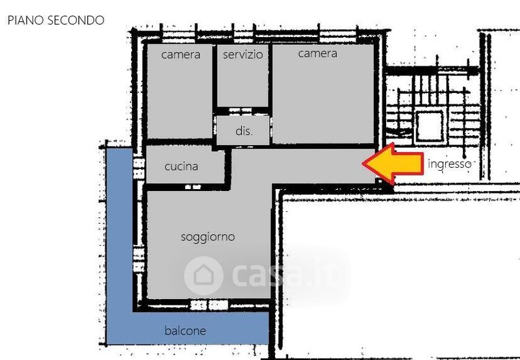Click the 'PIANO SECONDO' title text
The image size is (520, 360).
[56, 20]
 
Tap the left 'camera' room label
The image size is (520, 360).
[181, 55]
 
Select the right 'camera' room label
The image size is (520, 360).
[317, 53]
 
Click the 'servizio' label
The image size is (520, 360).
[242, 55]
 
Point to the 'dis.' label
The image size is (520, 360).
[244, 131]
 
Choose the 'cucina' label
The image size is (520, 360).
[181, 166]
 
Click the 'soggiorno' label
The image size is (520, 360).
[208, 237]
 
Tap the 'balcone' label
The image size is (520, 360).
[185, 331]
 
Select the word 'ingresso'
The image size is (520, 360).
[450, 164]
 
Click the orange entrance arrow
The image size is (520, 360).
[393, 163]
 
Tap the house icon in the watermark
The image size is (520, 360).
[203, 276]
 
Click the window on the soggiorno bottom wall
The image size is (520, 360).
[209, 305]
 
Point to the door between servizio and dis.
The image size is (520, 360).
[240, 110]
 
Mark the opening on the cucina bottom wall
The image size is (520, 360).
[192, 187]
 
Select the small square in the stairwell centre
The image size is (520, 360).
[430, 126]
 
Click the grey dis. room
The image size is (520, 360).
[243, 130]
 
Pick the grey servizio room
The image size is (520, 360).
[242, 75]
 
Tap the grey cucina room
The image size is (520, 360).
[185, 164]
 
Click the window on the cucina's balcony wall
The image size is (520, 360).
[138, 168]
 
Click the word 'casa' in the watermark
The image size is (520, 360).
[268, 275]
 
